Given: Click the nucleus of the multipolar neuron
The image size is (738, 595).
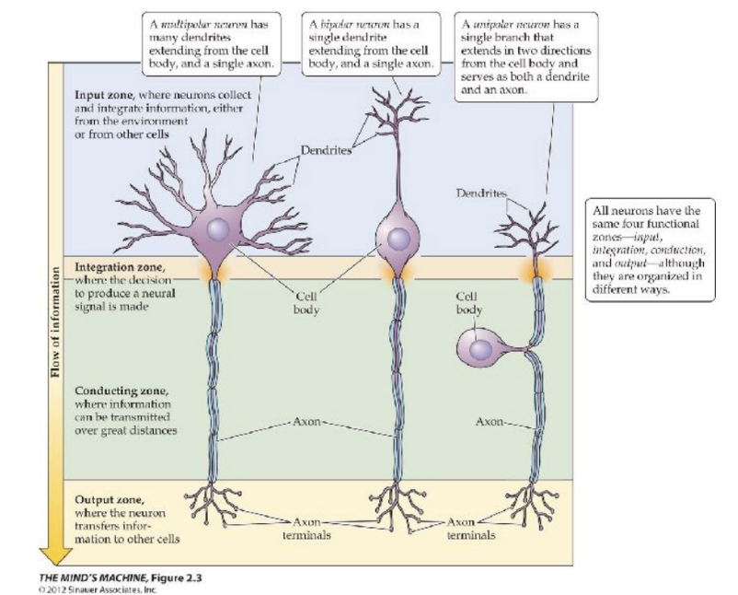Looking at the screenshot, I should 219,231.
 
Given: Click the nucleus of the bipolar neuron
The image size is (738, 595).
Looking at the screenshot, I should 398,239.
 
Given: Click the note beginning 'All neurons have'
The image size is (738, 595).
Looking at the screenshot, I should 650,244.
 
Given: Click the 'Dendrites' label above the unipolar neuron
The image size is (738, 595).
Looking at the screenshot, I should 480,192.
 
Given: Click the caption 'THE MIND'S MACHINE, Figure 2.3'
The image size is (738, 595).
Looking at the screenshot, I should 120,577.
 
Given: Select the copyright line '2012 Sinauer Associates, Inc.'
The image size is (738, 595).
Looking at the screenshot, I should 105,588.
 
